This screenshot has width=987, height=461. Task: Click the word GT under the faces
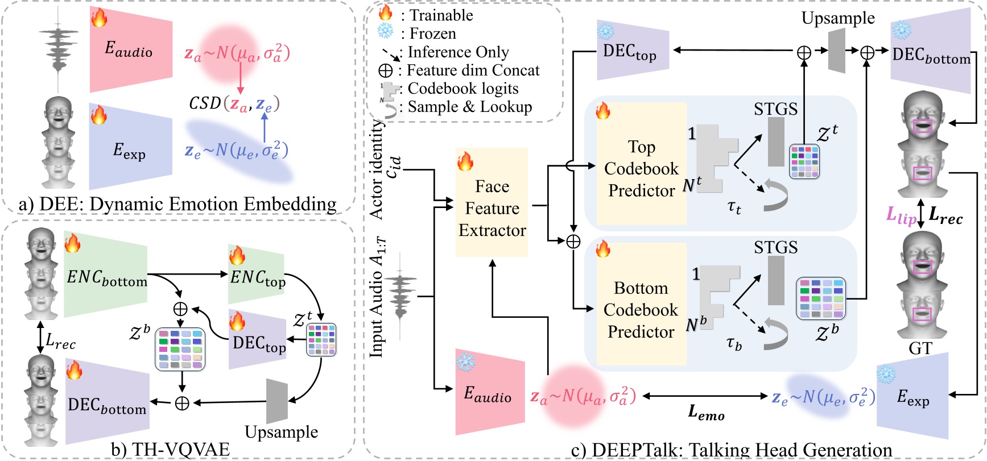click(x=920, y=348)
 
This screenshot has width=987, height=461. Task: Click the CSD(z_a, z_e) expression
click(x=234, y=103)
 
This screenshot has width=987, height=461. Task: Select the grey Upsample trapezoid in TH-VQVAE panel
click(x=277, y=400)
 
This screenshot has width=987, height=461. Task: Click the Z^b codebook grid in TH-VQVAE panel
click(x=180, y=348)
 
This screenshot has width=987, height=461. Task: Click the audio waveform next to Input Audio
click(x=402, y=296)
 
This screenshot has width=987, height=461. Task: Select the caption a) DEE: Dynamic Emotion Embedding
click(x=177, y=203)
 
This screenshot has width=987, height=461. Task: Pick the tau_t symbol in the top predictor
click(x=734, y=207)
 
